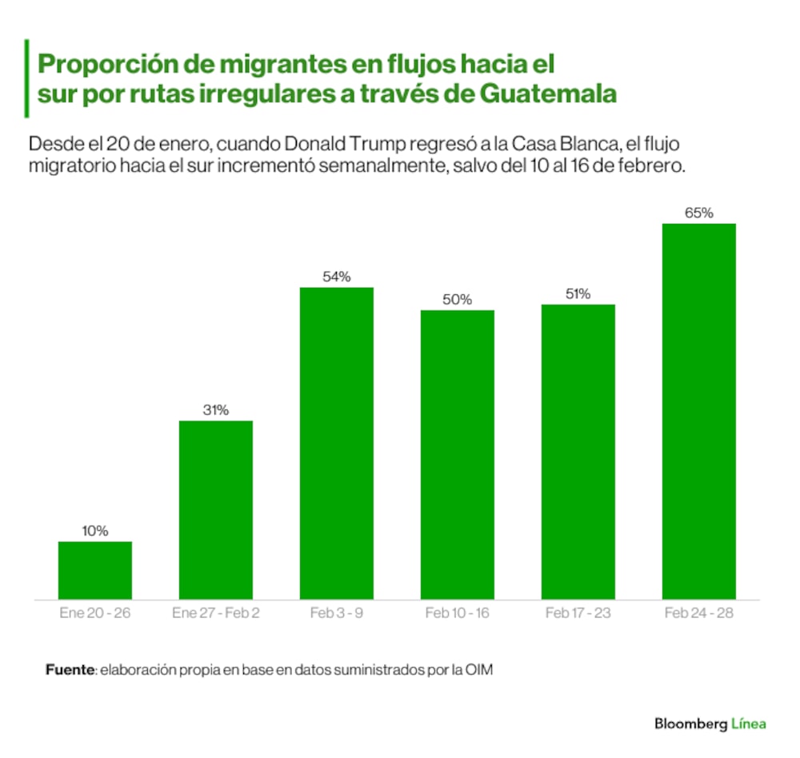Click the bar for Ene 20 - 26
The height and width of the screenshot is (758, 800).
pyautogui.click(x=95, y=570)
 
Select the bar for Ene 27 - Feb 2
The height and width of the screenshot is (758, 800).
pyautogui.click(x=216, y=509)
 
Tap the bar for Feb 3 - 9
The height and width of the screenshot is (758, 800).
pyautogui.click(x=337, y=443)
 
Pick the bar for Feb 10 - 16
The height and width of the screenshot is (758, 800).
pyautogui.click(x=458, y=454)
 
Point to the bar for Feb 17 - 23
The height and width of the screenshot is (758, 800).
pyautogui.click(x=578, y=452)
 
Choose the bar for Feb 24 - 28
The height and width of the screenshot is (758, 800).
pyautogui.click(x=699, y=411)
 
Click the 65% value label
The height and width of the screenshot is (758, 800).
pyautogui.click(x=699, y=213)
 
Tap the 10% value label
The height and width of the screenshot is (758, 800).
pyautogui.click(x=95, y=531)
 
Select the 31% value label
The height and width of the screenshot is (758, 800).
pyautogui.click(x=216, y=410)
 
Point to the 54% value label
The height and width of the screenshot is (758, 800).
pyautogui.click(x=337, y=277)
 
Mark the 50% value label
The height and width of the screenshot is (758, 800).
pyautogui.click(x=458, y=300)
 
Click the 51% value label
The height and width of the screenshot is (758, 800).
pyautogui.click(x=578, y=294)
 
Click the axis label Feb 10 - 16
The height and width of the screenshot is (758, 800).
pyautogui.click(x=458, y=613)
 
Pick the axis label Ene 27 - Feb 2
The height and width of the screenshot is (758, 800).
pyautogui.click(x=216, y=613)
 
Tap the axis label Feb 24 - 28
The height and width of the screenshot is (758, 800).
pyautogui.click(x=699, y=613)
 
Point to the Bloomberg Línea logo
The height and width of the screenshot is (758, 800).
pyautogui.click(x=710, y=724)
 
